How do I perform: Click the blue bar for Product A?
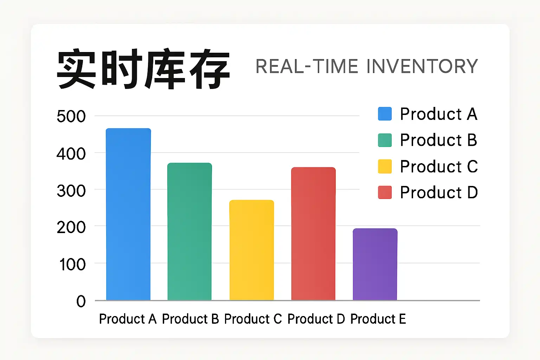(128, 214)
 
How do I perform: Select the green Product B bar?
(190, 231)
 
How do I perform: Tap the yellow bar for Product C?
(252, 250)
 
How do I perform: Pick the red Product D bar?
(313, 234)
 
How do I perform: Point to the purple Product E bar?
(375, 264)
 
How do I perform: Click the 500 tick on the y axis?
(71, 116)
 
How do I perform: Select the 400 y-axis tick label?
(71, 154)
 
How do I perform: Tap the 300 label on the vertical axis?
(71, 191)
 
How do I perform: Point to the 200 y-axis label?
(71, 227)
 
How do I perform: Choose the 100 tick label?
(72, 264)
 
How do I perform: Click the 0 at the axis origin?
(81, 301)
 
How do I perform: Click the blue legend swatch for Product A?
(385, 114)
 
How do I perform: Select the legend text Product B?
(439, 140)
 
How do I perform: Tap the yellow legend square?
(385, 166)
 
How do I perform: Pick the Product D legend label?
(439, 192)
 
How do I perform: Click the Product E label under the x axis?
(378, 319)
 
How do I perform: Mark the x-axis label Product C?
(253, 319)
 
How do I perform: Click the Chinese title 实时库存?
(143, 69)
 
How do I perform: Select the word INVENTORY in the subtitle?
(422, 66)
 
